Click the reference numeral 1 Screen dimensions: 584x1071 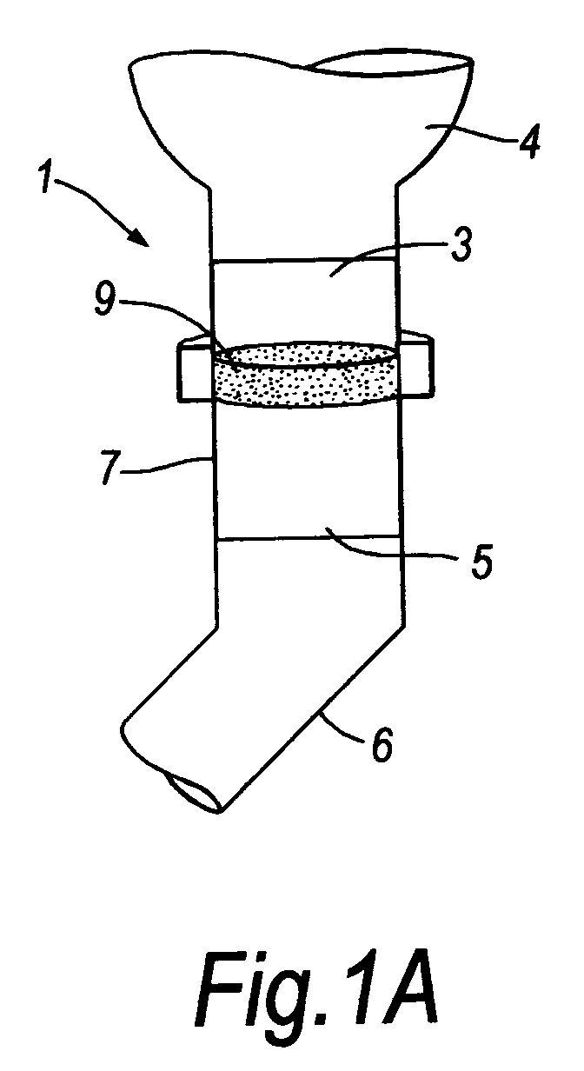47,177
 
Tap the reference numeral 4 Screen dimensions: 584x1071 528,141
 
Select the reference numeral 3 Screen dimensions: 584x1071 461,243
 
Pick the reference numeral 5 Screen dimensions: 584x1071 481,562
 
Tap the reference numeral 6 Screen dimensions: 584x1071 382,742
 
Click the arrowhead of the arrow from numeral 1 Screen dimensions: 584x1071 138,237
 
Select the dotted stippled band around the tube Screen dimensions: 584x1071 306,375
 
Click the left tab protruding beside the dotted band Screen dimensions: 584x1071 195,368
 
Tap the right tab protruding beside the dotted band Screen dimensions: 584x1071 415,364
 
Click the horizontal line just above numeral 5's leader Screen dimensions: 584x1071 309,538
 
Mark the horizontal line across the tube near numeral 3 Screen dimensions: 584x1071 303,261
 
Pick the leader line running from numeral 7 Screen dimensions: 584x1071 168,465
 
